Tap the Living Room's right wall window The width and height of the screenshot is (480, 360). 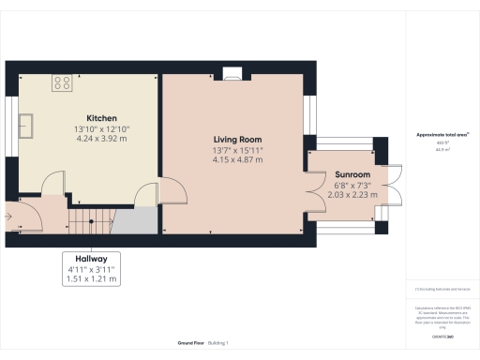tap(313, 112)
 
